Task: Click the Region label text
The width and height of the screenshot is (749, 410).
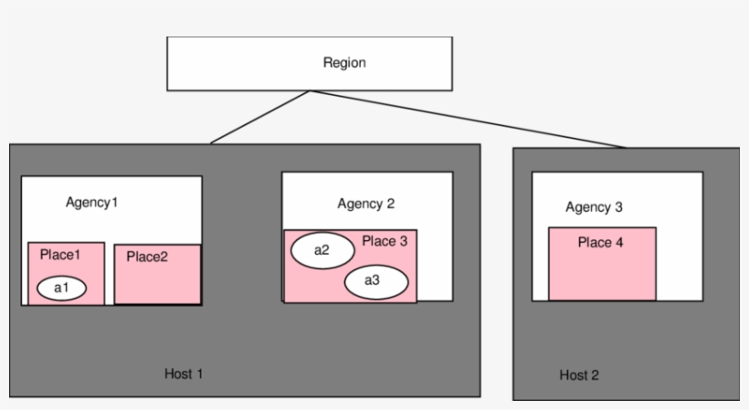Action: click(x=344, y=63)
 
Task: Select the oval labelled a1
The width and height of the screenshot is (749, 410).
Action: click(x=61, y=289)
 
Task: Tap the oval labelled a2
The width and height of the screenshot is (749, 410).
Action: click(x=321, y=249)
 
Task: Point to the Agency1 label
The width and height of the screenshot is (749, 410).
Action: click(x=92, y=201)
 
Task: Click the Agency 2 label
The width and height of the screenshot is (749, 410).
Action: click(x=365, y=204)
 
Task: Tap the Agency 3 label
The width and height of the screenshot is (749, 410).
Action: click(x=594, y=207)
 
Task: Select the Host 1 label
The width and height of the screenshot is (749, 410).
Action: click(x=184, y=373)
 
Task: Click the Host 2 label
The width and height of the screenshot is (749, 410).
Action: click(x=579, y=375)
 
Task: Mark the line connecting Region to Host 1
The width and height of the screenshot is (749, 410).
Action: click(x=260, y=117)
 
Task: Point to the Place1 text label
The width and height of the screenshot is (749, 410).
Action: click(x=60, y=255)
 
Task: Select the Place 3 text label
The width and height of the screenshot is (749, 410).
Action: click(x=385, y=241)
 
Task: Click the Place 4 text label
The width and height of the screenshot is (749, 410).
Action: click(x=600, y=243)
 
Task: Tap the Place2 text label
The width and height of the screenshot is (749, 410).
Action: click(x=147, y=257)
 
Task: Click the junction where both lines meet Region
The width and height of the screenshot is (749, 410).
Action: click(x=311, y=91)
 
